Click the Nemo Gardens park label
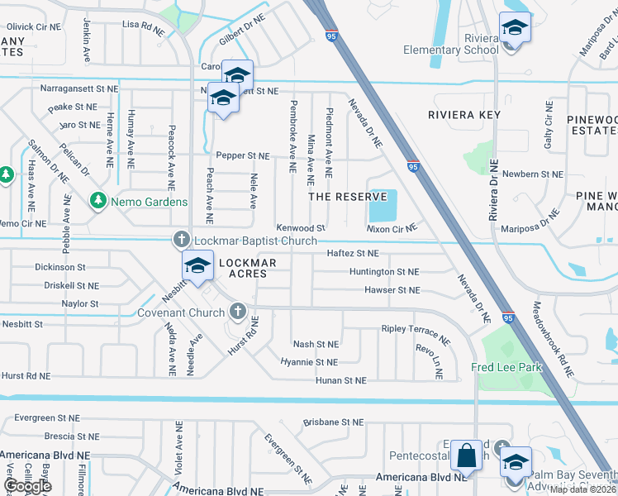click(150, 202)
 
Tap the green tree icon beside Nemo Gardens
click(98, 201)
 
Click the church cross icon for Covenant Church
click(238, 312)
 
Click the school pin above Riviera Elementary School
click(515, 29)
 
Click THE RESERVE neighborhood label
click(348, 197)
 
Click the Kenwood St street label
click(302, 227)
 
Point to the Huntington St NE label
click(384, 271)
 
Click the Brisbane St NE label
click(333, 422)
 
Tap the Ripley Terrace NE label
click(416, 334)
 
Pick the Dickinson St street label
click(60, 267)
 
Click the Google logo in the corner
click(28, 486)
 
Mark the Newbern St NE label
click(532, 174)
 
